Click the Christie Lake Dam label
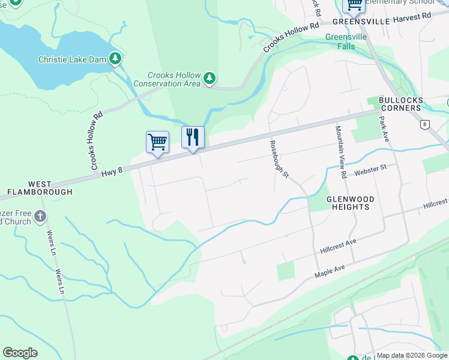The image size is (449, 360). click(72, 59)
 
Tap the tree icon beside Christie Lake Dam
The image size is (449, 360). click(115, 59)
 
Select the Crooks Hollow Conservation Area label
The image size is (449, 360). click(175, 79)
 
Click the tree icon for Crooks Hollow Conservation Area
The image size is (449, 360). click(209, 79)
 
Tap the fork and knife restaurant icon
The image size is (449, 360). click(193, 138)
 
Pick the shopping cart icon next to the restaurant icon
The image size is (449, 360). click(157, 143)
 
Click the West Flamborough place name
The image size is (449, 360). click(40, 188)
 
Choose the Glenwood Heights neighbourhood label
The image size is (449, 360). click(350, 203)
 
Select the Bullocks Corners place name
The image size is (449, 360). click(401, 104)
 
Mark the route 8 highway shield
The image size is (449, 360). click(425, 124)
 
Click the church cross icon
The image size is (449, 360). click(40, 215)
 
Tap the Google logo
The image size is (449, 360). click(20, 353)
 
